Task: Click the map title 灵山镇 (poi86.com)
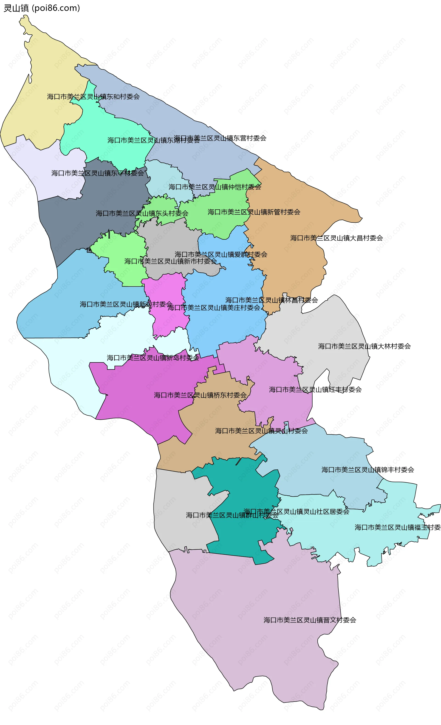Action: click(42, 8)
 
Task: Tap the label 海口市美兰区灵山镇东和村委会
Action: click(93, 96)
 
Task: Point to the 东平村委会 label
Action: click(98, 173)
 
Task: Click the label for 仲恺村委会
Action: click(215, 187)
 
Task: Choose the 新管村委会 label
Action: click(254, 212)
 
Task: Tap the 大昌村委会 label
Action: click(336, 238)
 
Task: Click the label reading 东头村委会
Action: click(142, 213)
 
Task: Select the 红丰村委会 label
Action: click(315, 390)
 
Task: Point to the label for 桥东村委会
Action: click(200, 395)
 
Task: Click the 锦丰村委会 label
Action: click(368, 470)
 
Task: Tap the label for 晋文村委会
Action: click(310, 620)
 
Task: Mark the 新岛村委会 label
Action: click(153, 358)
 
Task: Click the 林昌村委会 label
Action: click(271, 300)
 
